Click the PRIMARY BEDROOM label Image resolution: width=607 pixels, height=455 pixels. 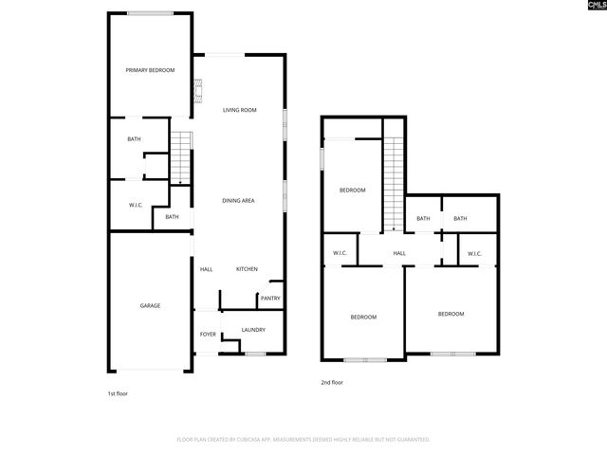pos(151,70)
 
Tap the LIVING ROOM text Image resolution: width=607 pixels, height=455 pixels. pos(240,110)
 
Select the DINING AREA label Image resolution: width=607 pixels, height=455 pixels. pos(238,200)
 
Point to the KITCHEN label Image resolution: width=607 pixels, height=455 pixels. pos(247,269)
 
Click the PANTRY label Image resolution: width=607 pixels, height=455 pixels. pos(270,299)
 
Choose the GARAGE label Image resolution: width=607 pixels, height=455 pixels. pos(150,305)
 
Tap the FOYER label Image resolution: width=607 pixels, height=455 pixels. pos(208,335)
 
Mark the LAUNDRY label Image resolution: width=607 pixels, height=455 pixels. pos(252,330)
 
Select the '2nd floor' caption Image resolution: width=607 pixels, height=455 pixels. pos(331,383)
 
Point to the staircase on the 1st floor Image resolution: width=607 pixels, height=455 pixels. pos(181,157)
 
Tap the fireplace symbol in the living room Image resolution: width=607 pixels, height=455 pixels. pos(198,91)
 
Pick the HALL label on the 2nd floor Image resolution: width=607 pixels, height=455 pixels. pos(399,253)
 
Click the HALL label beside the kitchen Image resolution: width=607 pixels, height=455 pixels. pos(206,269)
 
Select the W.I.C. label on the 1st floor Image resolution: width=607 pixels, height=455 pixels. pos(136,206)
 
